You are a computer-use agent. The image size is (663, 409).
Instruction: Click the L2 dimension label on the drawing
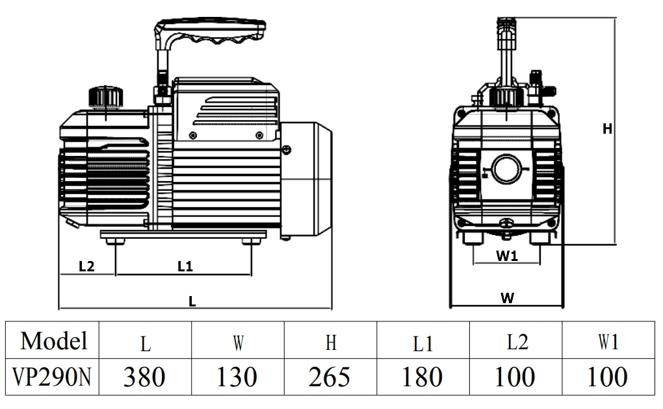[86, 266]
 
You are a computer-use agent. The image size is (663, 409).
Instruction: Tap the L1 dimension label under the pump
[185, 266]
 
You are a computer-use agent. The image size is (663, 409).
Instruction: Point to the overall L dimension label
[192, 301]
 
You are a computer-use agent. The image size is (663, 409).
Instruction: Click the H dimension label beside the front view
[607, 129]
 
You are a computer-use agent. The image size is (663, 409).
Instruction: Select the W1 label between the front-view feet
[507, 256]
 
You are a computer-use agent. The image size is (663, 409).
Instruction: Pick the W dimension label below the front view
[508, 298]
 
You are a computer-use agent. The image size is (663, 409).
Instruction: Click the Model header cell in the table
[54, 341]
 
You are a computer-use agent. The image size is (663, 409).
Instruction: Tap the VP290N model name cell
[51, 377]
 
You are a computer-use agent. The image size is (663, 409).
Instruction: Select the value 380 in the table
[144, 377]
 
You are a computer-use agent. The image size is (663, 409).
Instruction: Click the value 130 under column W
[237, 377]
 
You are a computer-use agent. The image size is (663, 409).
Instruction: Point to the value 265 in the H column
[330, 377]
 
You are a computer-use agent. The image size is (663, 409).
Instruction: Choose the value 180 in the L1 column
[422, 377]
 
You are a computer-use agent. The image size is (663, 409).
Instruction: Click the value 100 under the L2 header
[515, 377]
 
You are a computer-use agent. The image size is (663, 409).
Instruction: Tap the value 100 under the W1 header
[607, 377]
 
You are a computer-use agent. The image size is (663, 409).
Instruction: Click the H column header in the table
[331, 343]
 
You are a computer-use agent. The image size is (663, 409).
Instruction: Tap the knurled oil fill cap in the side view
[106, 97]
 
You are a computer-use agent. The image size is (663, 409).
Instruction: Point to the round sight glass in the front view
[506, 169]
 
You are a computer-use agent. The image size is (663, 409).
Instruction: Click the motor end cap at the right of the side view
[306, 179]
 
